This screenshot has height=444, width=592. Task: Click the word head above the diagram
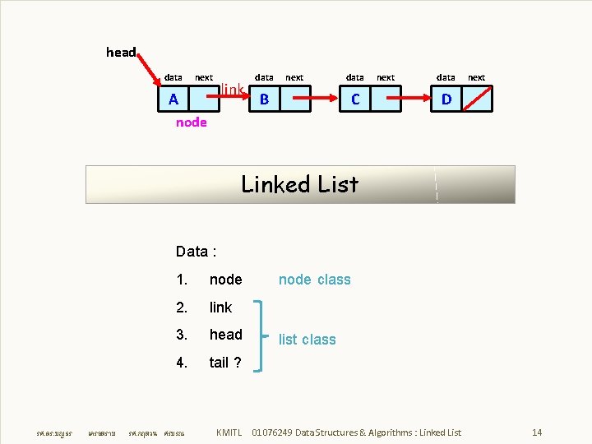point(121,53)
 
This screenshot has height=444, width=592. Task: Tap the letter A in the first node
point(173,99)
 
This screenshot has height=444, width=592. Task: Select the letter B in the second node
point(264,99)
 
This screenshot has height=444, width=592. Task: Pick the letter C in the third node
point(355,99)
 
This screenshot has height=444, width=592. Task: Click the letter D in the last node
point(446,99)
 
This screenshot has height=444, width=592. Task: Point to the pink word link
point(234,89)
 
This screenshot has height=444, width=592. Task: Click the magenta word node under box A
point(192,123)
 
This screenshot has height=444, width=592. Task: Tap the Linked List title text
point(299,184)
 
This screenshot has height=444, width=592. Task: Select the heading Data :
point(196,251)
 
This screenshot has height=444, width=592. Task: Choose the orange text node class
point(314,280)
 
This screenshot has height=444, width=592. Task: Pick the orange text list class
point(307,340)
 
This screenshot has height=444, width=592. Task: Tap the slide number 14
point(537,432)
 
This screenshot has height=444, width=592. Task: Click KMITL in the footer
point(229,432)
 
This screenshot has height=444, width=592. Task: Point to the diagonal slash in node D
point(477,99)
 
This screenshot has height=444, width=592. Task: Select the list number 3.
point(182,335)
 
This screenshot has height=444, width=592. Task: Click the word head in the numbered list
point(225,335)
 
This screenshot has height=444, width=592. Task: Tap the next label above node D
point(476,77)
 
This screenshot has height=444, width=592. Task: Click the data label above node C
point(354,77)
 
